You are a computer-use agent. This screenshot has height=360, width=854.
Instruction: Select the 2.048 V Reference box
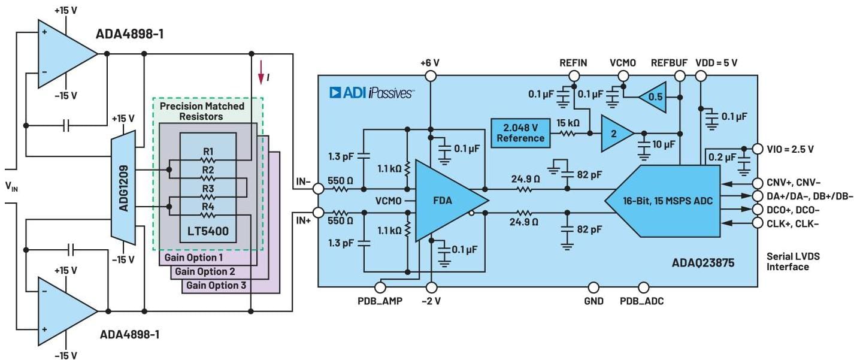click(520, 133)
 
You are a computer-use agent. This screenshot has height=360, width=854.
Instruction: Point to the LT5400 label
click(208, 229)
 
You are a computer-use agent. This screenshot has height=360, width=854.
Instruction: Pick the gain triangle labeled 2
click(614, 133)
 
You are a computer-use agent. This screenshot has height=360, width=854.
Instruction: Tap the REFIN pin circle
click(574, 76)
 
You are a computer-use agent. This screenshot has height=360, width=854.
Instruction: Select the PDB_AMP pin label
click(379, 301)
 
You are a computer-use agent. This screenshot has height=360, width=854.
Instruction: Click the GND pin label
click(593, 301)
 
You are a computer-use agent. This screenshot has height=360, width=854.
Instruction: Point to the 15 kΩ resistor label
click(567, 123)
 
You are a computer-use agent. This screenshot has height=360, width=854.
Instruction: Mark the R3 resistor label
click(208, 187)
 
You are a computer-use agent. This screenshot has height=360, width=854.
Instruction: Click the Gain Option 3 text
click(216, 285)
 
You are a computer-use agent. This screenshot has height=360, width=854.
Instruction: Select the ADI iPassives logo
click(371, 92)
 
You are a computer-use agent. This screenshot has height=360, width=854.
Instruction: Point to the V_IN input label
click(12, 187)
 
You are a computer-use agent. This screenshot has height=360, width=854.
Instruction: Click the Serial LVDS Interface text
click(793, 261)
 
